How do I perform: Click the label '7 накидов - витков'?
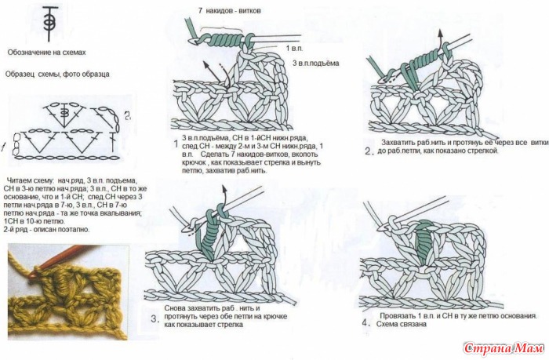[229, 11]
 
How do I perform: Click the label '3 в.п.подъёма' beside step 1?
[315, 62]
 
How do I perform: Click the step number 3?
[154, 319]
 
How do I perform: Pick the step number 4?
[365, 322]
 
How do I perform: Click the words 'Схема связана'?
[405, 323]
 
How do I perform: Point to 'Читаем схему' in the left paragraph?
[28, 180]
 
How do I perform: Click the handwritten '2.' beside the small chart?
[126, 116]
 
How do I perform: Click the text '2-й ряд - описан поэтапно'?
[47, 230]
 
